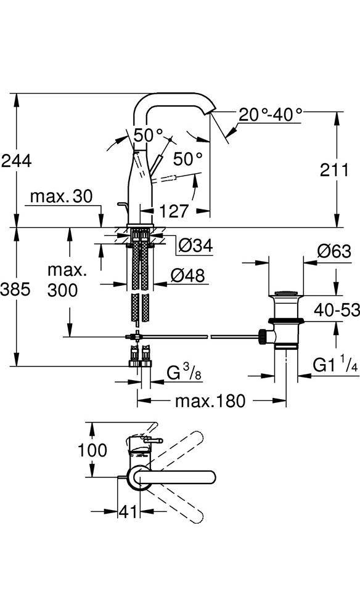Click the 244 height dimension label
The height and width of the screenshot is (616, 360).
tap(16, 161)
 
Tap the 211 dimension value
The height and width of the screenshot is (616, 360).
tap(335, 170)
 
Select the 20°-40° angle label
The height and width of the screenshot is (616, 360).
tap(271, 115)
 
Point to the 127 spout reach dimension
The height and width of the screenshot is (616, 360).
tap(174, 211)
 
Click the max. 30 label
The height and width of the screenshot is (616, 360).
tap(61, 196)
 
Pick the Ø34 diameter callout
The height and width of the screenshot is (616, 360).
tap(195, 246)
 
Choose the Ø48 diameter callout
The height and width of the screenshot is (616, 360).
tap(188, 275)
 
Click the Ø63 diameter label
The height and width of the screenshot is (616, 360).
tap(334, 251)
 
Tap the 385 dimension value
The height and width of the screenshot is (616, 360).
tap(15, 290)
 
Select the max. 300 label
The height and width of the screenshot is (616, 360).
tap(63, 280)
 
